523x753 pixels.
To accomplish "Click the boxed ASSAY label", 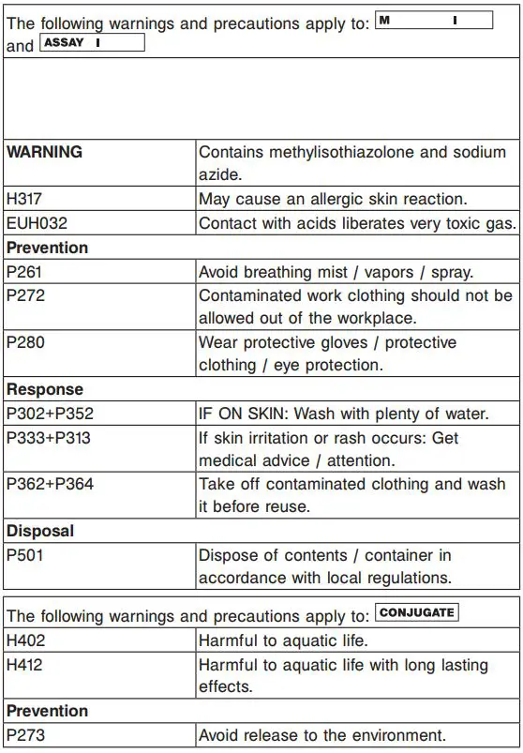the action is click(92, 43).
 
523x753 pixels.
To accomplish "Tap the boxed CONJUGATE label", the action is click(416, 613).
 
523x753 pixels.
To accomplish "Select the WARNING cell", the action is click(45, 152).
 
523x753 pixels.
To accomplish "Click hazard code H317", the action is click(25, 199).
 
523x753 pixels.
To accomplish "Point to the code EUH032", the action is click(37, 223).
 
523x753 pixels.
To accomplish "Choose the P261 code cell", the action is click(24, 272).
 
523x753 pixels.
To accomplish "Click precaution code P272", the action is click(24, 295).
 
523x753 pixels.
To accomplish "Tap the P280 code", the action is click(25, 342).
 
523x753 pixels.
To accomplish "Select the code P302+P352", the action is click(50, 414).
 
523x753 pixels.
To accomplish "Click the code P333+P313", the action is click(50, 438).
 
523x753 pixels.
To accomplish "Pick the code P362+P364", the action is click(50, 485).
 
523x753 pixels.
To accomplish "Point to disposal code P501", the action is click(24, 555).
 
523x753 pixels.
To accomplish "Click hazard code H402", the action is click(25, 640).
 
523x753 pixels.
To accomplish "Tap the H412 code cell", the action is click(25, 665).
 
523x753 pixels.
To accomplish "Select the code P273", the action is click(25, 735).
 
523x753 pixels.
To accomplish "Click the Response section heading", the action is click(45, 389).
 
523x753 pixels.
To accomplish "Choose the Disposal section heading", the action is click(40, 531).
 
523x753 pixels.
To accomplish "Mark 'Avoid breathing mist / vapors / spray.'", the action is click(336, 272).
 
